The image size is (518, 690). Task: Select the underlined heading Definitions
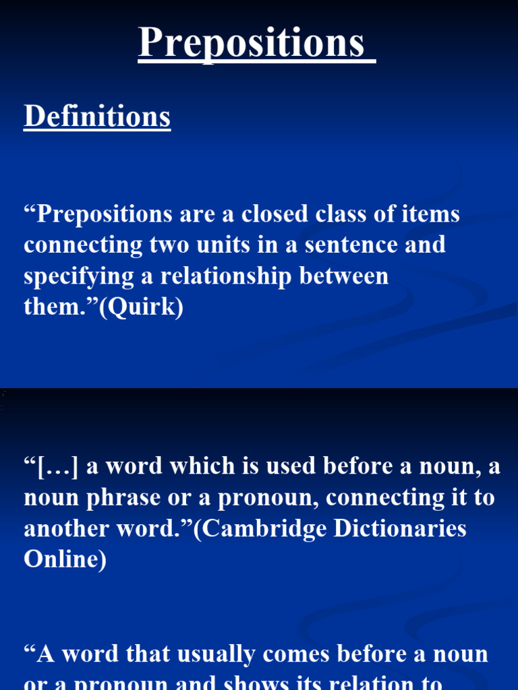tap(97, 117)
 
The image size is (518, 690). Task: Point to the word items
tap(431, 214)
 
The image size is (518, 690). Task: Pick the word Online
tap(65, 560)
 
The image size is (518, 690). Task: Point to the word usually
tap(217, 654)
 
